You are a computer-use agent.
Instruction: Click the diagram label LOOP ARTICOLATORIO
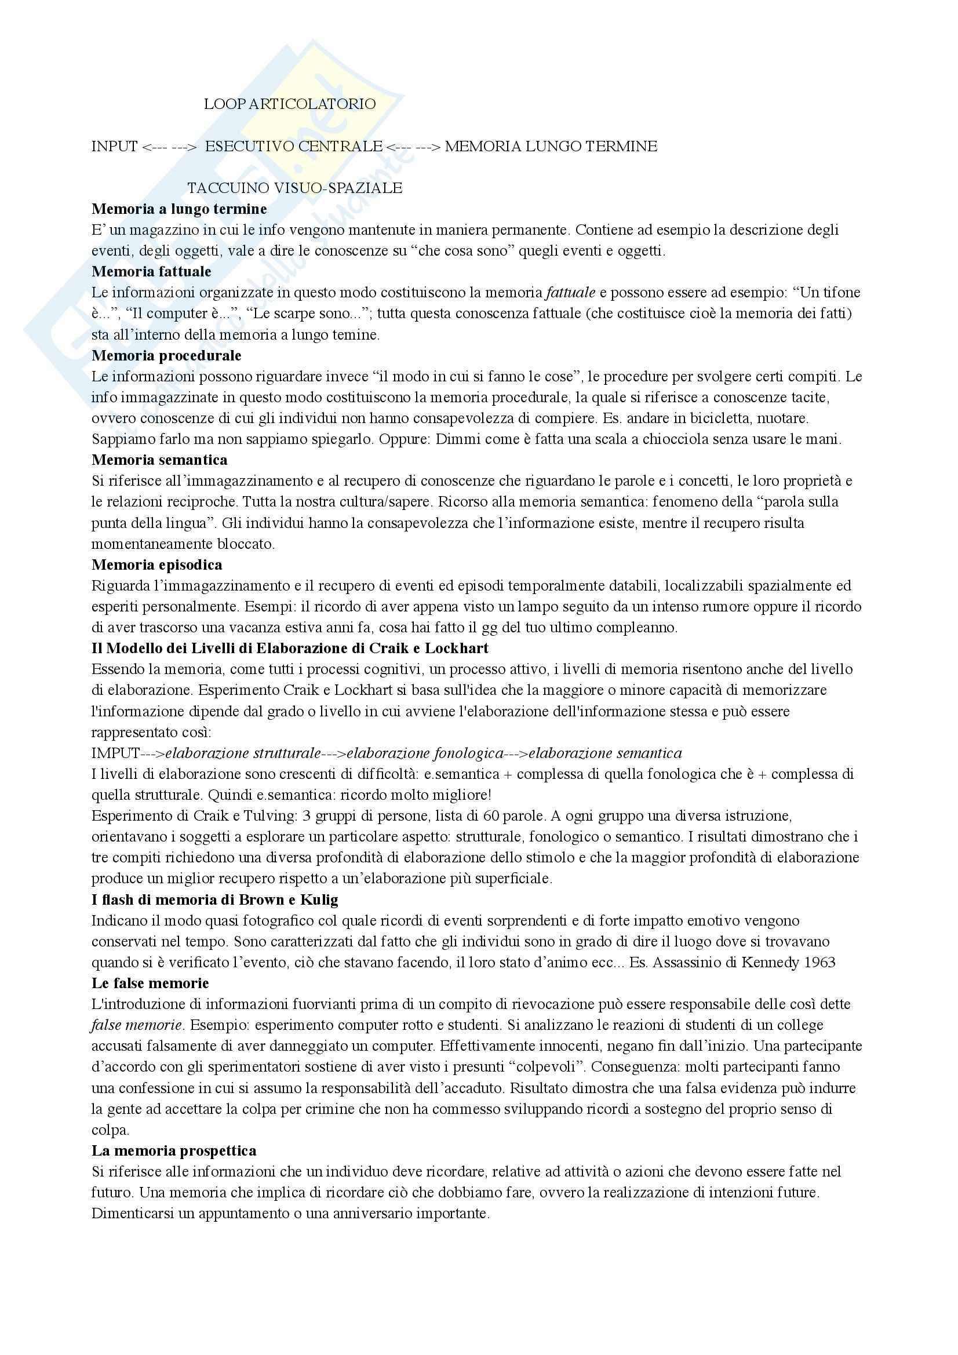290,104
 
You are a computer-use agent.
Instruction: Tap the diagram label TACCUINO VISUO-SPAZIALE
294,188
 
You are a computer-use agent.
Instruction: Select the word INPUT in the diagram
115,147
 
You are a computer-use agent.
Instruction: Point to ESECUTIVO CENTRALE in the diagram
293,147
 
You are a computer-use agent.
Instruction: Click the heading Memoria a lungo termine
179,209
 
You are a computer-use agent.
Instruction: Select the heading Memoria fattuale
151,271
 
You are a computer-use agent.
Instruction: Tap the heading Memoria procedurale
166,355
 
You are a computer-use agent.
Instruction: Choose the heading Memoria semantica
159,460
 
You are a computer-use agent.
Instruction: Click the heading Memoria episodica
157,565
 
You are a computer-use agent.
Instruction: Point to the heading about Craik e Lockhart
290,648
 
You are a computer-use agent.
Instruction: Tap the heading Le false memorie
150,983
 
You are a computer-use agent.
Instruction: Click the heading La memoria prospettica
173,1150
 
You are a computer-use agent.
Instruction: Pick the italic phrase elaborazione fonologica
425,753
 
